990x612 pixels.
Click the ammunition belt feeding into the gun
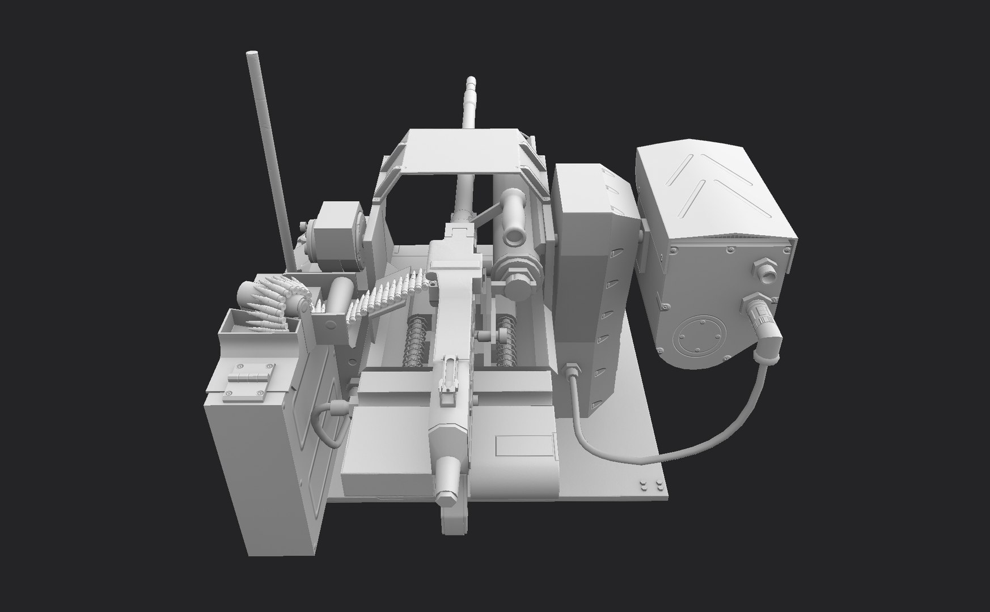(386, 294)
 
